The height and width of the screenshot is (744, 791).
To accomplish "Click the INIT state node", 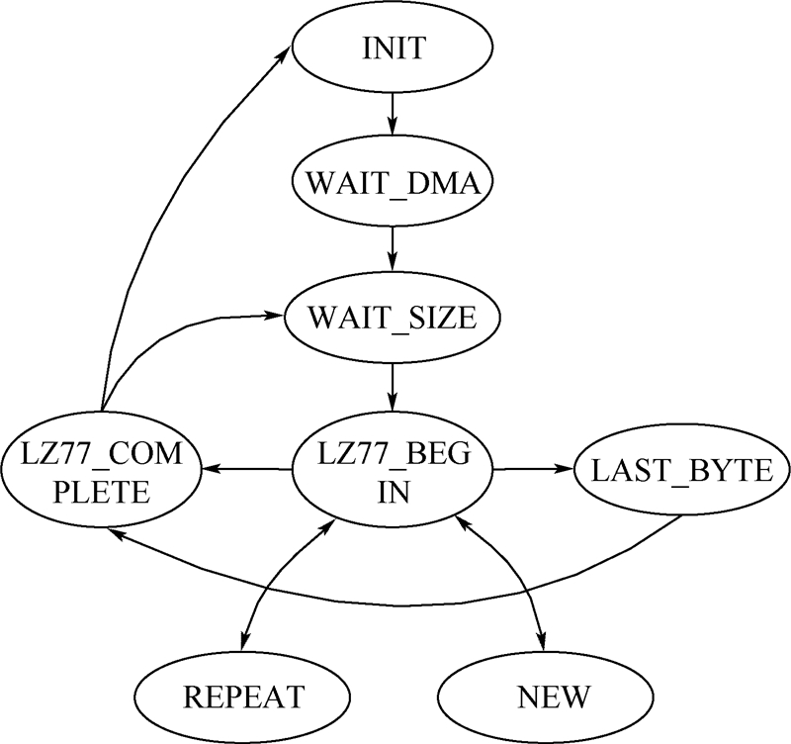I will coord(394,47).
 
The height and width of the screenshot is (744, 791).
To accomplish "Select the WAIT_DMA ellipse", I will coord(394,185).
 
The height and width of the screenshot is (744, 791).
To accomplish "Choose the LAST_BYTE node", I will coord(682,471).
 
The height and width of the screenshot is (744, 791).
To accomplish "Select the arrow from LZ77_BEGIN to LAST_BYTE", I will coord(534,471).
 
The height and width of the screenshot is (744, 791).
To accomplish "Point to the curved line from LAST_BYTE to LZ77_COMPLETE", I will coord(395,599).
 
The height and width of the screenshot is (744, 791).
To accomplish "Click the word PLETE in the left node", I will coord(102,492).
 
